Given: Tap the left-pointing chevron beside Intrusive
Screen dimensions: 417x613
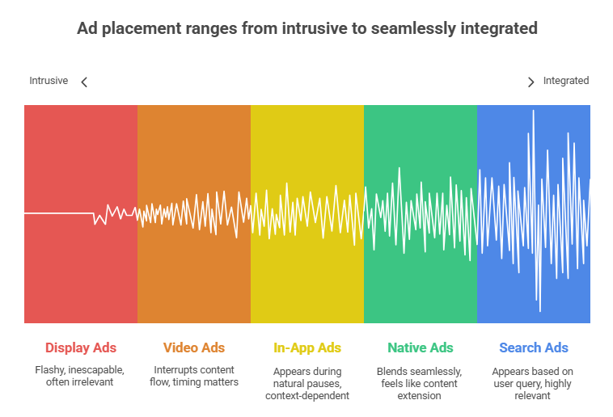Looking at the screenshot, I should tap(84, 82).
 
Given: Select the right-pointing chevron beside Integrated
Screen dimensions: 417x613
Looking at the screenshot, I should tap(531, 82).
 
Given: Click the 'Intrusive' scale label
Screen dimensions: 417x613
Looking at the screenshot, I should tap(49, 81).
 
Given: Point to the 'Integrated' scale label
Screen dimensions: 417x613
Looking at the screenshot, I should tap(565, 81).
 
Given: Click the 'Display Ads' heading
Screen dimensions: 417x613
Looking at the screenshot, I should tap(81, 348).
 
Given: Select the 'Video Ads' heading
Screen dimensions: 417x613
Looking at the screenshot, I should tap(194, 348).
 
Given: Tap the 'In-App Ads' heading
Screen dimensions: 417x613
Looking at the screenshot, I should tap(307, 348).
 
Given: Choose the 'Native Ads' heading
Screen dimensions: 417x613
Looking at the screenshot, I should tap(420, 348).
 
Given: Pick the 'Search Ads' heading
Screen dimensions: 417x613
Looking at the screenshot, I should tap(534, 348).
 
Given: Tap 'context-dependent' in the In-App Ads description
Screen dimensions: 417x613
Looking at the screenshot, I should tap(307, 395).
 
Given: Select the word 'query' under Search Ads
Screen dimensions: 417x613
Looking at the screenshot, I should tap(540, 383).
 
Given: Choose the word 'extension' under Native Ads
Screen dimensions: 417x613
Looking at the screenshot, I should tap(420, 395).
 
